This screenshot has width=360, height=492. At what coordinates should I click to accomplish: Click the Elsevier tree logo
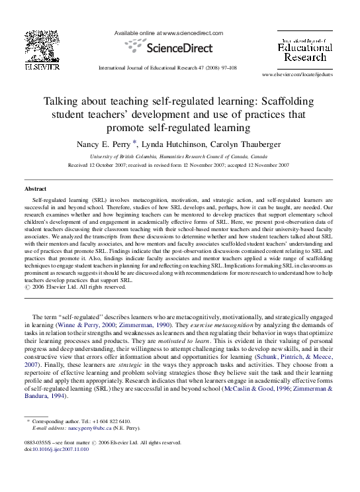pyautogui.click(x=42, y=46)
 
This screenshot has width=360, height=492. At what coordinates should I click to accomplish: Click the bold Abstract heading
pyautogui.click(x=36, y=189)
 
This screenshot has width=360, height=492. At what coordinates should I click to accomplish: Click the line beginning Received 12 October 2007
pyautogui.click(x=179, y=165)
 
